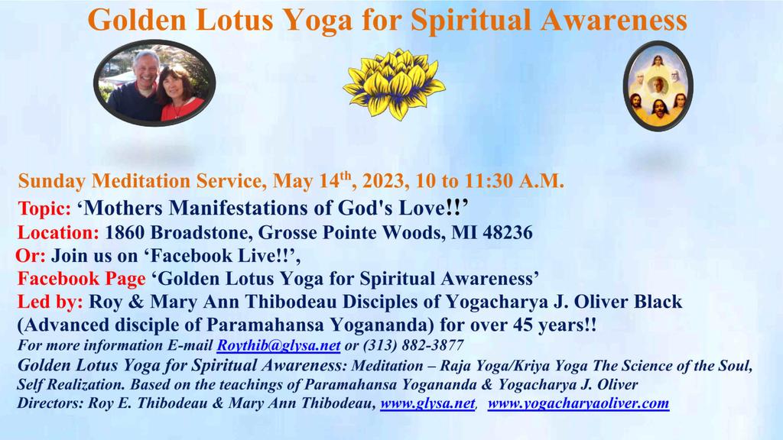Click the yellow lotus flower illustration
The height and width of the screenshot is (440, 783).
394,84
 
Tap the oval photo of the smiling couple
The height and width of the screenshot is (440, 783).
154,82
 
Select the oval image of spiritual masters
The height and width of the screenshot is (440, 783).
658,86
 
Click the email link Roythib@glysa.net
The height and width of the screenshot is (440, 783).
278,345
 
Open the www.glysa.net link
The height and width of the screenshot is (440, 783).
427,403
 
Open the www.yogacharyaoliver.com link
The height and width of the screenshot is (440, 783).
578,403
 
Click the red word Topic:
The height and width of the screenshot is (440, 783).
44,208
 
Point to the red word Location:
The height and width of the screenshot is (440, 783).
58,232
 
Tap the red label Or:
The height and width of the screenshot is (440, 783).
31,255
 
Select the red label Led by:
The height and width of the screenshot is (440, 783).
50,302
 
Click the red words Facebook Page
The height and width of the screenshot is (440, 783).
81,279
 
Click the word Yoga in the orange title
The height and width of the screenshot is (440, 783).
319,21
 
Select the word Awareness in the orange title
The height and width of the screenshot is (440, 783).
614,21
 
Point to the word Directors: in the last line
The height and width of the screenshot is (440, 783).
50,403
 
